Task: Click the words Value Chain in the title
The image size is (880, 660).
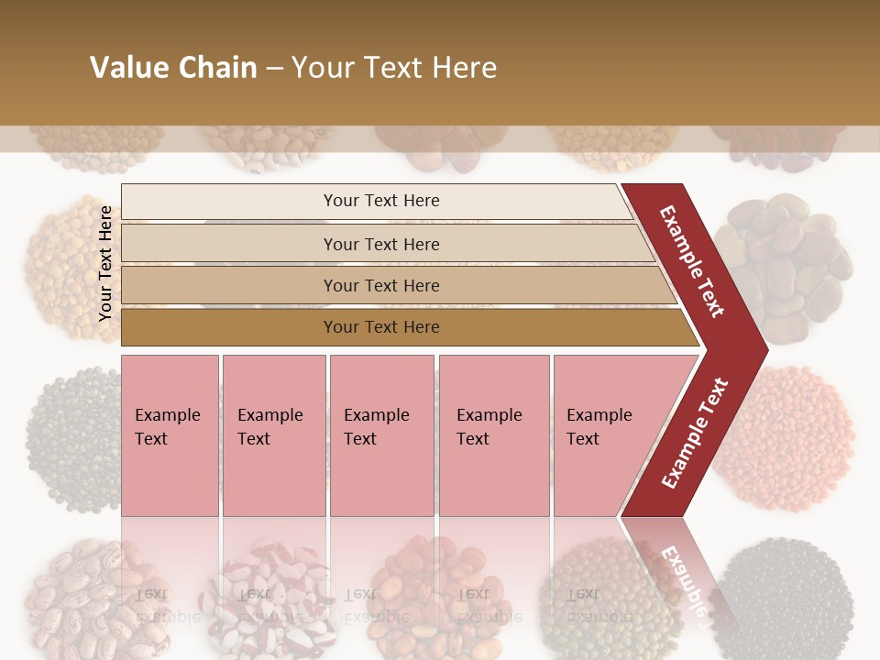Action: pyautogui.click(x=173, y=68)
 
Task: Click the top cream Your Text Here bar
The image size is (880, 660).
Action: pyautogui.click(x=380, y=201)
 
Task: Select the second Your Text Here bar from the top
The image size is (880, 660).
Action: pyautogui.click(x=380, y=244)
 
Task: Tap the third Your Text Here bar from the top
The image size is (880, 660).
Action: pyautogui.click(x=380, y=285)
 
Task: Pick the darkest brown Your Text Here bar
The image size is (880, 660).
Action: pyautogui.click(x=380, y=327)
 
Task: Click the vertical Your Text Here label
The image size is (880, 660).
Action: pyautogui.click(x=105, y=263)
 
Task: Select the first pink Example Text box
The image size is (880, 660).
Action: pyautogui.click(x=170, y=435)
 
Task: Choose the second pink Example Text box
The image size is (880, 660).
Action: pyautogui.click(x=273, y=435)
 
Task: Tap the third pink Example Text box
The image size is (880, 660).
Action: pyautogui.click(x=381, y=435)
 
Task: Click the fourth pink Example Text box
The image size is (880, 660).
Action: pyautogui.click(x=493, y=435)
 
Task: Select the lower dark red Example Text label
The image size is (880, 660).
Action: pyautogui.click(x=695, y=434)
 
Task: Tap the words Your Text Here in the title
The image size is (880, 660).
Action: pyautogui.click(x=394, y=68)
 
